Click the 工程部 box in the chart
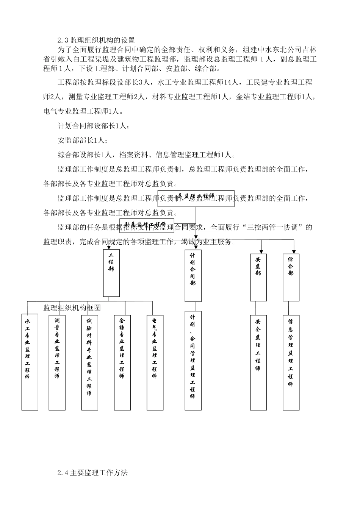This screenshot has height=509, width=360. click(111, 273)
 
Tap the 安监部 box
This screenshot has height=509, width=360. click(258, 277)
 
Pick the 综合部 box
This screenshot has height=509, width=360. click(291, 277)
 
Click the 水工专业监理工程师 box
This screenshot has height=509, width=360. click(30, 362)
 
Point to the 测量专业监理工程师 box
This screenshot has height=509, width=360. click(57, 362)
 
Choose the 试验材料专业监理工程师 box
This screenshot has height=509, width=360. click(89, 362)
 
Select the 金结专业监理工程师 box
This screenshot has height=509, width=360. click(122, 362)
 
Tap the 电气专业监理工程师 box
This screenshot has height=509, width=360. click(155, 362)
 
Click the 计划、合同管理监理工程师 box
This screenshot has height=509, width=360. click(193, 361)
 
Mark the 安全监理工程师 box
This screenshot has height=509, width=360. click(258, 362)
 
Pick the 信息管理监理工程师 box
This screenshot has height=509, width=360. click(291, 362)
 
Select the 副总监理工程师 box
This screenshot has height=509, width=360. click(147, 224)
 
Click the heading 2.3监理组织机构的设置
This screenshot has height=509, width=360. click(96, 40)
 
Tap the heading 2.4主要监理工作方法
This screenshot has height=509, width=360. click(92, 473)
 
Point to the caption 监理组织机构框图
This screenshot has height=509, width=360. click(72, 307)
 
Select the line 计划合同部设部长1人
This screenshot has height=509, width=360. click(93, 126)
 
